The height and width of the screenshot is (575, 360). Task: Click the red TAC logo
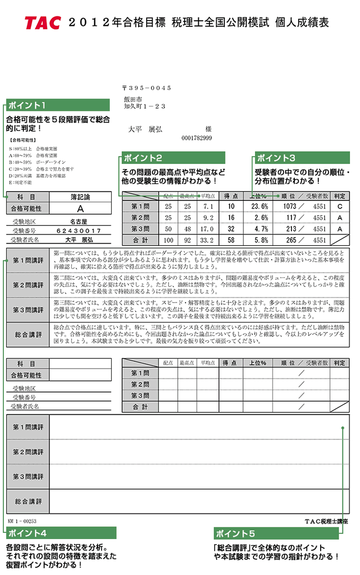(43, 22)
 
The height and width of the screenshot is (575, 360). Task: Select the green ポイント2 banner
(173, 158)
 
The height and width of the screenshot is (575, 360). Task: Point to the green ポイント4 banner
(61, 533)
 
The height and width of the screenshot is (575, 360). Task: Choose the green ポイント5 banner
(276, 533)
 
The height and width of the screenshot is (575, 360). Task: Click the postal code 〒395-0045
(146, 88)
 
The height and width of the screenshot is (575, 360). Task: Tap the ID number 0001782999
(196, 138)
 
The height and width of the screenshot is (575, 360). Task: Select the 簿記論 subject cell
(80, 197)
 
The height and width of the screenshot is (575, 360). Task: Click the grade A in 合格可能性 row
(80, 209)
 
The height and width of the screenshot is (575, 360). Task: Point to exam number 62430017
(79, 231)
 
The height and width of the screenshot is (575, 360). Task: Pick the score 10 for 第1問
(231, 206)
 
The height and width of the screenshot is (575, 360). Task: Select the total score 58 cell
(231, 240)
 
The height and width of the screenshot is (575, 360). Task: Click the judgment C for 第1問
(340, 206)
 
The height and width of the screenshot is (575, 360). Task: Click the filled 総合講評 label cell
(28, 335)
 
